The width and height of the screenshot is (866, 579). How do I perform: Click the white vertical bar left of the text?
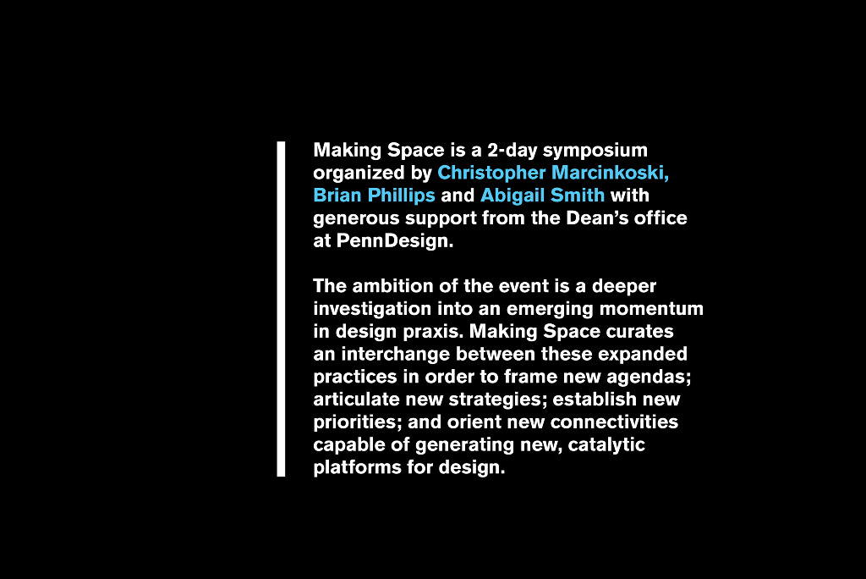pyautogui.click(x=281, y=309)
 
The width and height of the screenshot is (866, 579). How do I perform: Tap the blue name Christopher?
pyautogui.click(x=491, y=173)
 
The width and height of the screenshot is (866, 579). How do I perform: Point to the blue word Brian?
pyautogui.click(x=337, y=196)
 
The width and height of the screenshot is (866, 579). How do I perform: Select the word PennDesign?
pyautogui.click(x=395, y=241)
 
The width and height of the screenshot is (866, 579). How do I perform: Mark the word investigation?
pyautogui.click(x=372, y=309)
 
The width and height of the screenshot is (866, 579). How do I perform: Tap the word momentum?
pyautogui.click(x=652, y=309)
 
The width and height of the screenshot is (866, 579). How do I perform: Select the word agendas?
pyautogui.click(x=649, y=378)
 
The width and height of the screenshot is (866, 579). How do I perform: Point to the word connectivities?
pyautogui.click(x=614, y=422)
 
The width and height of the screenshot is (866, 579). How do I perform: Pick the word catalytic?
pyautogui.click(x=606, y=445)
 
